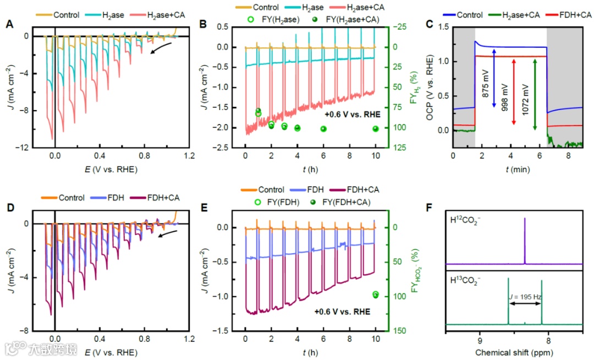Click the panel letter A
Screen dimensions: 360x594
(9, 24)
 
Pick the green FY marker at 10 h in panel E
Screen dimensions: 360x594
(376, 295)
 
